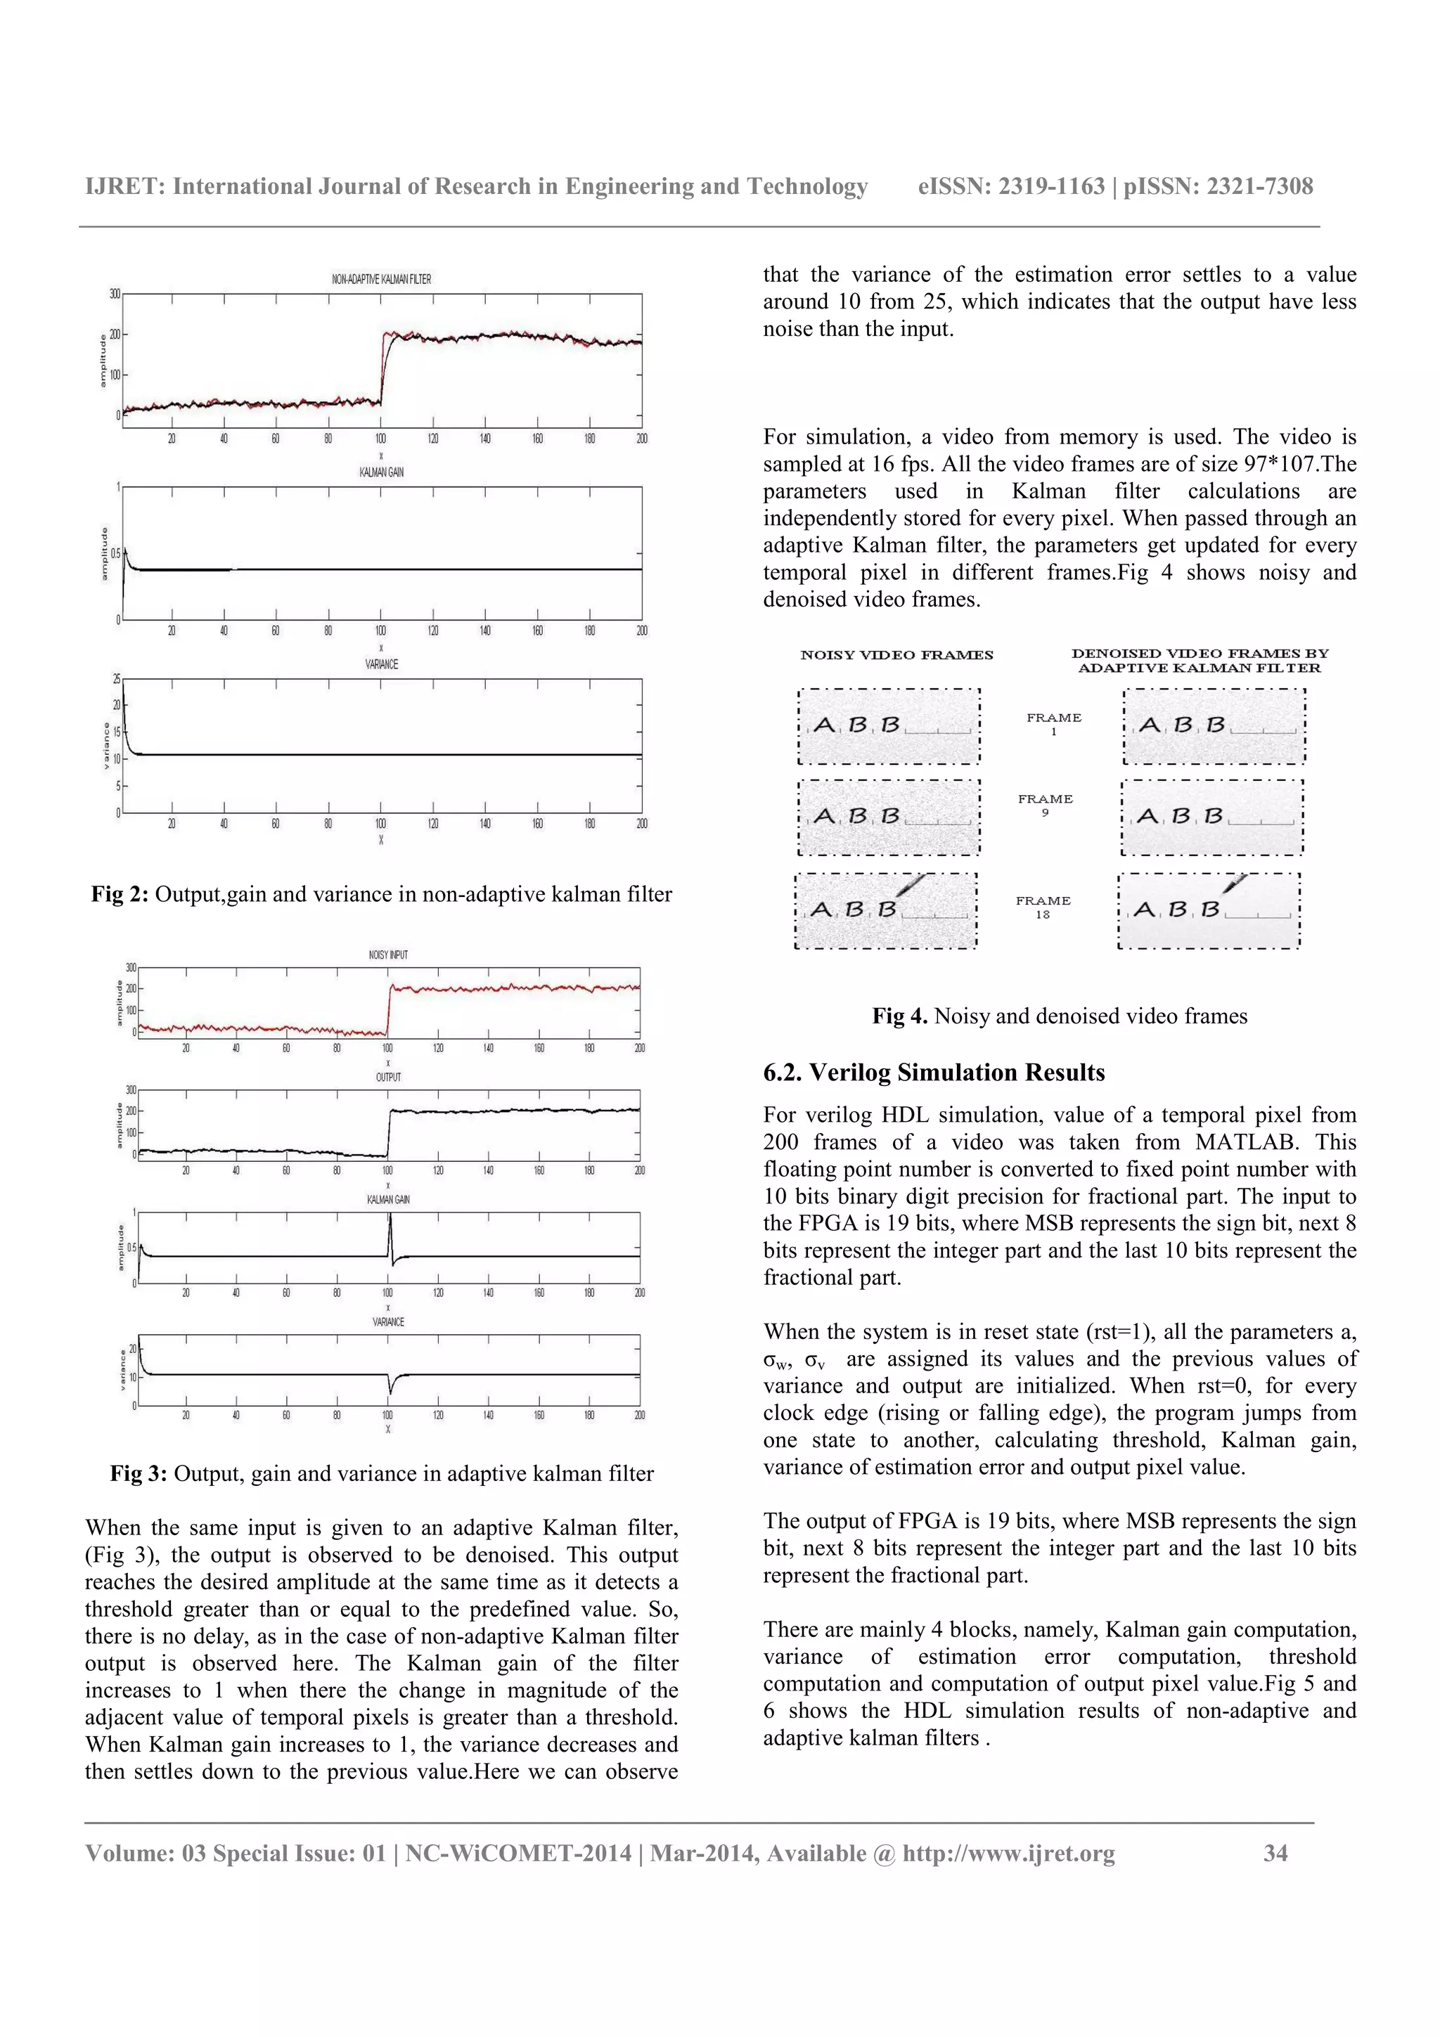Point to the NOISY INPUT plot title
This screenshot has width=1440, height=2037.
pyautogui.click(x=387, y=955)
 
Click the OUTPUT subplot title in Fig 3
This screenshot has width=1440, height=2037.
pyautogui.click(x=387, y=1077)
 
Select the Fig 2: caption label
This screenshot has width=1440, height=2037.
pyautogui.click(x=120, y=894)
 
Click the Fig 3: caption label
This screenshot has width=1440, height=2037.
pyautogui.click(x=139, y=1474)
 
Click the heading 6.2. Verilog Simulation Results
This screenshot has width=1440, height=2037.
pyautogui.click(x=933, y=1073)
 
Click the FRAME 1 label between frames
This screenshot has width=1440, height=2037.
pyautogui.click(x=1053, y=724)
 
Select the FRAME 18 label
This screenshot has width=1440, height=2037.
pyautogui.click(x=1043, y=907)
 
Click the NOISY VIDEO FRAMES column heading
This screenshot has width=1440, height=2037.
pyautogui.click(x=896, y=655)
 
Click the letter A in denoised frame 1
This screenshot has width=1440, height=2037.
pyautogui.click(x=1149, y=725)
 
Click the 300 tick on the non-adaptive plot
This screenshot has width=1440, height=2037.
pyautogui.click(x=115, y=294)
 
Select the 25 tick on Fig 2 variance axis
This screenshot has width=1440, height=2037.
pyautogui.click(x=116, y=680)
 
